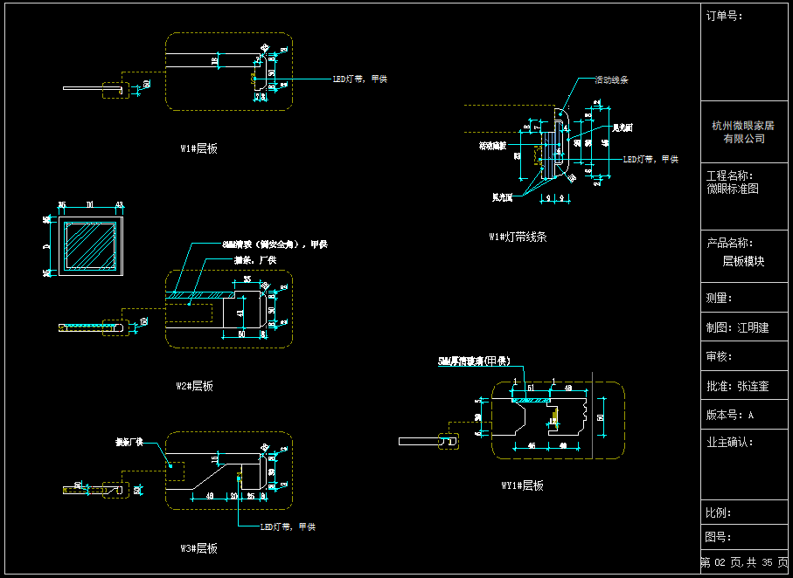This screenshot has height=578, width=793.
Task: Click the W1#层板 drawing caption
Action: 198,148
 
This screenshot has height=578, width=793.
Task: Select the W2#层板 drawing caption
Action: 194,386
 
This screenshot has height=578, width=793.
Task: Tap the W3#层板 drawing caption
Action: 198,548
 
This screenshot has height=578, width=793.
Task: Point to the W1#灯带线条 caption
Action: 518,237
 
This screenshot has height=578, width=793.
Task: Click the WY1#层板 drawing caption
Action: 522,485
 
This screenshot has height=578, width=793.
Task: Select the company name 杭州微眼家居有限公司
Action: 743,132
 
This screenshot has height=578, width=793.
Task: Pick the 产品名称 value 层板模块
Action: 743,261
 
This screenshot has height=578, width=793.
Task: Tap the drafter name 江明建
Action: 753,327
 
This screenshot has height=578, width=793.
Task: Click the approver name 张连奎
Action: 753,385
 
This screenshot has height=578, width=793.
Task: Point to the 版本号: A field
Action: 729,415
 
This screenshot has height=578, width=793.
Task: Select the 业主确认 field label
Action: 729,442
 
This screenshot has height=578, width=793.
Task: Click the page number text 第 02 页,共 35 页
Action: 744,563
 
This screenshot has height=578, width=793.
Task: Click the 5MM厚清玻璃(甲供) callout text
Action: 474,361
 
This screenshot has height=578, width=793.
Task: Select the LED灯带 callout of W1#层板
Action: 359,79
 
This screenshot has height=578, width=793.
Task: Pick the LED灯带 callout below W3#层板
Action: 288,526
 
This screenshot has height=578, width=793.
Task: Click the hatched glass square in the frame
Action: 90,246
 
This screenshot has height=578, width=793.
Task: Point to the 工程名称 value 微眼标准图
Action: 733,189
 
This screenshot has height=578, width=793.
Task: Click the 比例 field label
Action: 719,513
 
